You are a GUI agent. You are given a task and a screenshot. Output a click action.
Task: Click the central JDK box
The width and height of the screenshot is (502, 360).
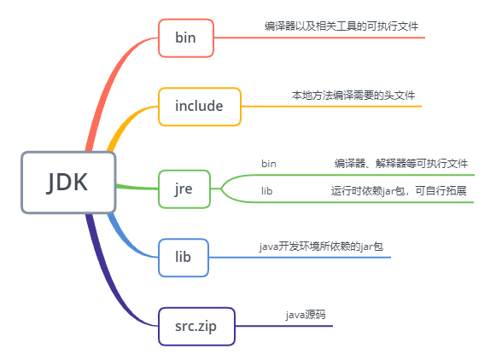coord(68,183)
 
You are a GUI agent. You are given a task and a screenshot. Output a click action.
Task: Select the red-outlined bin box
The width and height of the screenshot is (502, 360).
coord(186,38)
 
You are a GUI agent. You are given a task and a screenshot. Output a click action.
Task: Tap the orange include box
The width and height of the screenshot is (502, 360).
coord(200,107)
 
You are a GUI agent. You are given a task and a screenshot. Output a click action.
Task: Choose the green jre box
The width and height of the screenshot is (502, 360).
coord(184,189)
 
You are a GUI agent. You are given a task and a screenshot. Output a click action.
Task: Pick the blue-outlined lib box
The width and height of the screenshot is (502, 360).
coord(184,258)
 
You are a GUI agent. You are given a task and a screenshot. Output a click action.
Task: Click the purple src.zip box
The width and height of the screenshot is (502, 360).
coord(196,327)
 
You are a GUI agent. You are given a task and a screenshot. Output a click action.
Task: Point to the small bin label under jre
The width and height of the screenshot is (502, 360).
coord(269,164)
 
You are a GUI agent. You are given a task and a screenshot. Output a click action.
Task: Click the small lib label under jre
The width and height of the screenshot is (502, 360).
coord(266,191)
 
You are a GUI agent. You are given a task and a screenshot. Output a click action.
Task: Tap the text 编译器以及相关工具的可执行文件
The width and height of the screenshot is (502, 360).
coord(341,26)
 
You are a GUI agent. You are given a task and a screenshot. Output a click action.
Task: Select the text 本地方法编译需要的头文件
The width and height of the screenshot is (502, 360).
coord(353,96)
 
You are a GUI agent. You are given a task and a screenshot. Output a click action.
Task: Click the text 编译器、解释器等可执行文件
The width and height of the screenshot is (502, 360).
coord(401,164)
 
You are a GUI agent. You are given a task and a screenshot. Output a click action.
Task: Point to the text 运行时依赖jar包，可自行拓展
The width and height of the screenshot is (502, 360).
coord(399,191)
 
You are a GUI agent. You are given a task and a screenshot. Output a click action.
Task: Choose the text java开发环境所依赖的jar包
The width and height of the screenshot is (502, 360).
coord(321,247)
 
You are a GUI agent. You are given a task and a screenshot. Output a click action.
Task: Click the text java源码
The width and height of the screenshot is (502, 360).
coord(306,315)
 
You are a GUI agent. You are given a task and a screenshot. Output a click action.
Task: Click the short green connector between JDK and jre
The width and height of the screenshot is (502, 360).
coord(137,187)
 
